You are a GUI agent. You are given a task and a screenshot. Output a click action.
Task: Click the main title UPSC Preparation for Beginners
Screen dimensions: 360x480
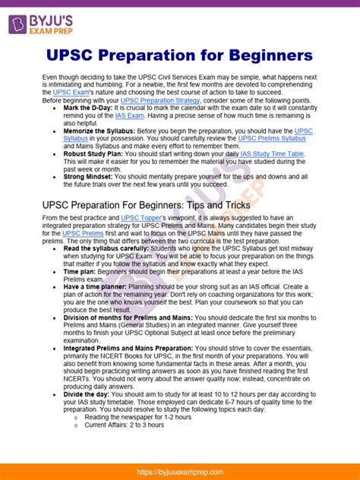[x=179, y=56]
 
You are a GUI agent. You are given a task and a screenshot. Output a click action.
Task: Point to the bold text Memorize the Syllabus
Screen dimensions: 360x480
[x=101, y=131]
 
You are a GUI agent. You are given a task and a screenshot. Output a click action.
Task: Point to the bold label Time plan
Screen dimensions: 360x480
[x=81, y=271]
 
